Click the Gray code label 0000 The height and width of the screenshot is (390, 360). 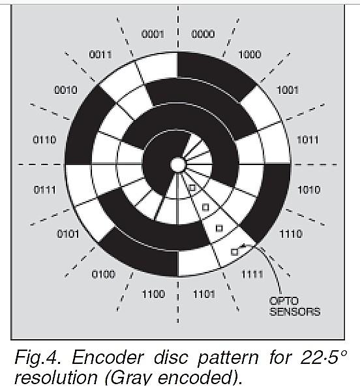[x=203, y=34]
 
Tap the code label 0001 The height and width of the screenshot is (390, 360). [x=153, y=34]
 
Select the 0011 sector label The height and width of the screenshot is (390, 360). [x=100, y=55]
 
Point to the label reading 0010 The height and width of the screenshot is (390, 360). [x=66, y=90]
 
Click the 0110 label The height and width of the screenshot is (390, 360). [x=44, y=140]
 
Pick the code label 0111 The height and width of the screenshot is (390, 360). [x=44, y=190]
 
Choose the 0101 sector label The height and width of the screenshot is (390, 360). [x=68, y=234]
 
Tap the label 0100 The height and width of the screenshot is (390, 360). [x=104, y=275]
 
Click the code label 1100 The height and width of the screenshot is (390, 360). [x=153, y=294]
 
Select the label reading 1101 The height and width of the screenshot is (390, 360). [x=204, y=295]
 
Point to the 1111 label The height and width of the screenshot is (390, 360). [x=252, y=275]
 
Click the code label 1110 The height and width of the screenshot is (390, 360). [x=291, y=234]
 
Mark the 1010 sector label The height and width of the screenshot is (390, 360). [x=308, y=190]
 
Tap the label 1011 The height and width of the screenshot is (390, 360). [x=308, y=140]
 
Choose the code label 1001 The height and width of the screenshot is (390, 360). [x=288, y=90]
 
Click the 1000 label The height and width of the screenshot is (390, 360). [x=250, y=55]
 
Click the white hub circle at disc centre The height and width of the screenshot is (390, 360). [x=178, y=164]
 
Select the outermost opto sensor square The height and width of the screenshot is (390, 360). [x=234, y=252]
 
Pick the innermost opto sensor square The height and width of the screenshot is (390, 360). [x=192, y=188]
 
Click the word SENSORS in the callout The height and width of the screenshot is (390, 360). [x=295, y=312]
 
